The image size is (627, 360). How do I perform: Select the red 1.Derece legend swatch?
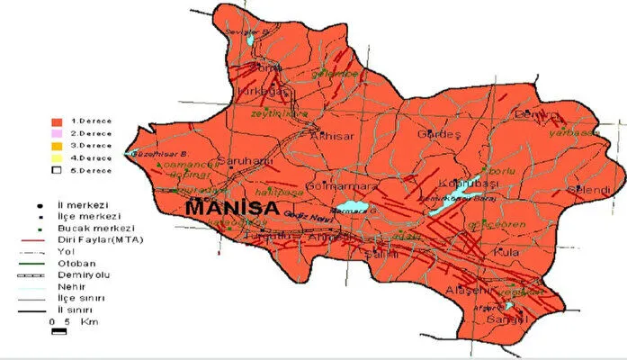point(55,120)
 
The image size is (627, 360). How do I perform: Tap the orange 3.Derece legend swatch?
point(55,145)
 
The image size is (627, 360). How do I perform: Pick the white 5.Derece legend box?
point(55,169)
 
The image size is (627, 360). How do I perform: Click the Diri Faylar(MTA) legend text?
point(112,240)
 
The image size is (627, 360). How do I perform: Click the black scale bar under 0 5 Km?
point(60,331)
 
